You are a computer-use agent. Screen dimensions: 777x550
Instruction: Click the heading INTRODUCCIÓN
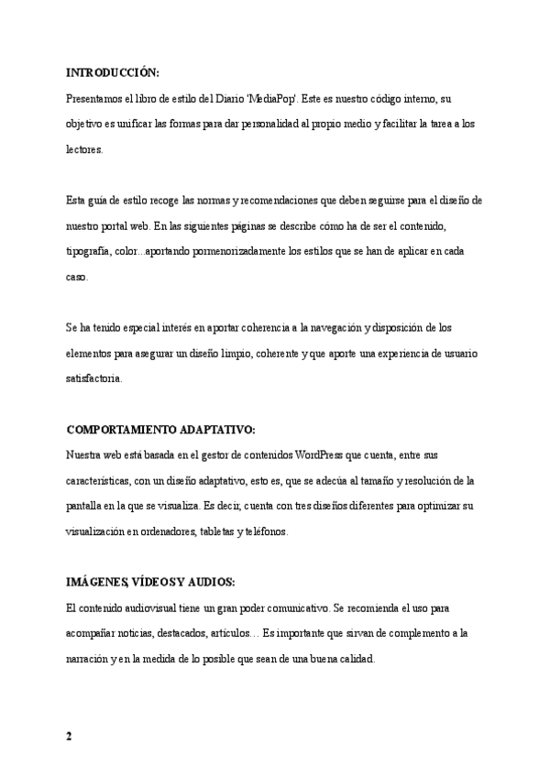tap(113, 72)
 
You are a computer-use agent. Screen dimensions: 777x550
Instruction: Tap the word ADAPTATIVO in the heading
tap(221, 429)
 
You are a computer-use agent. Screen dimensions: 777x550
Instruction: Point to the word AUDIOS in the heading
tap(211, 582)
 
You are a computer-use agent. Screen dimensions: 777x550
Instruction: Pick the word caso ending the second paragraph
tap(78, 276)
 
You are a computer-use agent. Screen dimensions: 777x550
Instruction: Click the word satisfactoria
tap(94, 378)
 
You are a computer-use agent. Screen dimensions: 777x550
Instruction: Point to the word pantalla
tap(86, 505)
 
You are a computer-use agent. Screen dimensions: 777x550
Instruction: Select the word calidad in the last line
tap(353, 658)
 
